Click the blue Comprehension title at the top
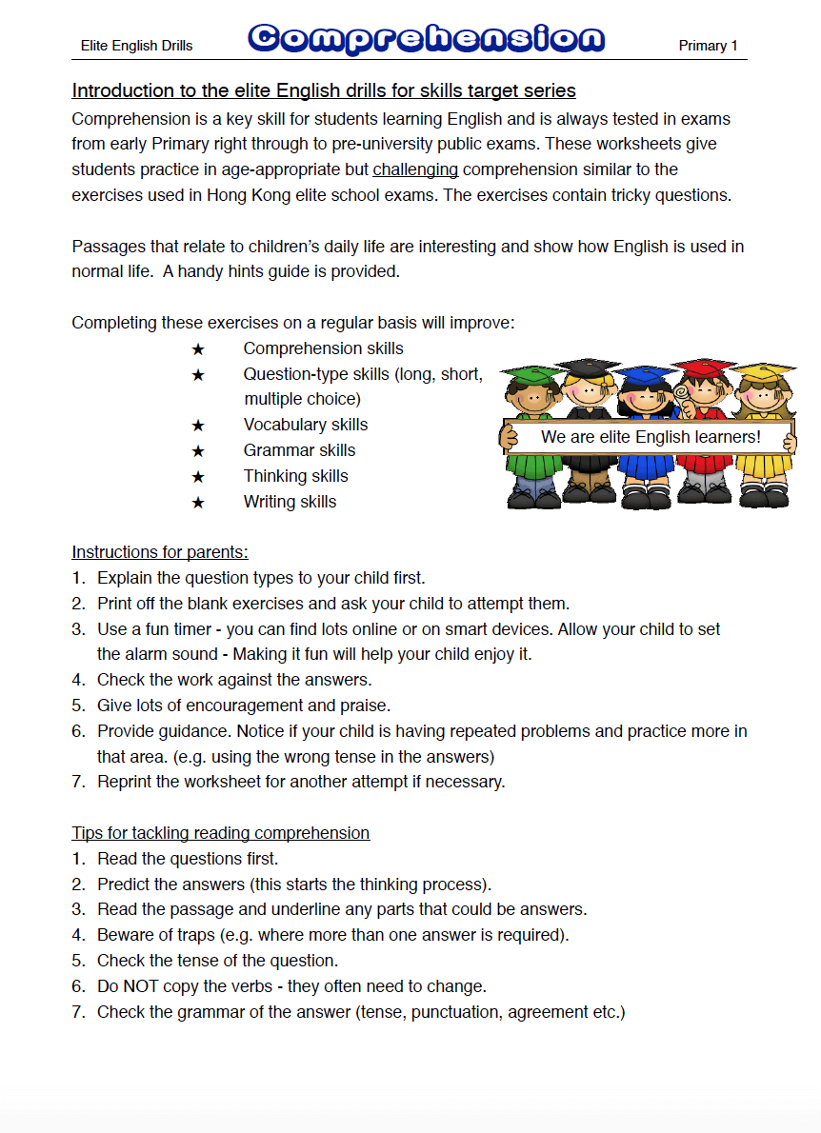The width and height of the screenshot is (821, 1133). [426, 39]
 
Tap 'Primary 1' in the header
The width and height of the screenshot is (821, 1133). [708, 46]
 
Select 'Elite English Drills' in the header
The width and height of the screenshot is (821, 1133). [137, 46]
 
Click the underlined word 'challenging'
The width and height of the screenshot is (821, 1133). [415, 169]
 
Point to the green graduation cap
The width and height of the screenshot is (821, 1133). [528, 372]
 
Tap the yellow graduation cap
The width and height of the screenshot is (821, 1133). [762, 369]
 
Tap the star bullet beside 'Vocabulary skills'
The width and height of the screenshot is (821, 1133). [198, 426]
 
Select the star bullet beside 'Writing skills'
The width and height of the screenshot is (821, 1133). [198, 503]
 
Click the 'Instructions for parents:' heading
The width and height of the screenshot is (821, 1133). [160, 552]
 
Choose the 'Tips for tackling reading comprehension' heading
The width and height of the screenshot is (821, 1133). [220, 833]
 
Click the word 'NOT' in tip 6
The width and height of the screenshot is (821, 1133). [142, 986]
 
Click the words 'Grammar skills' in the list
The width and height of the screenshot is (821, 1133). [299, 450]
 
